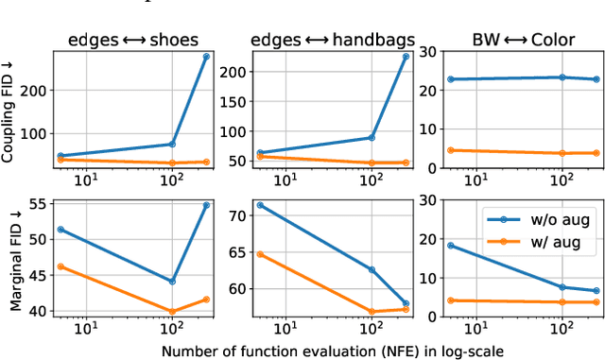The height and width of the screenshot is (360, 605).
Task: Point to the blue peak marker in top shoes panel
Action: point(206,57)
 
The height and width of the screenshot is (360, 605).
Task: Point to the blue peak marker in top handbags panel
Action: point(406,57)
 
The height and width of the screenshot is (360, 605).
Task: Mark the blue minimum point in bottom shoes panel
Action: point(172,282)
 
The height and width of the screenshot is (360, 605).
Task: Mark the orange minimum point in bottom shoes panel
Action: point(172,311)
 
